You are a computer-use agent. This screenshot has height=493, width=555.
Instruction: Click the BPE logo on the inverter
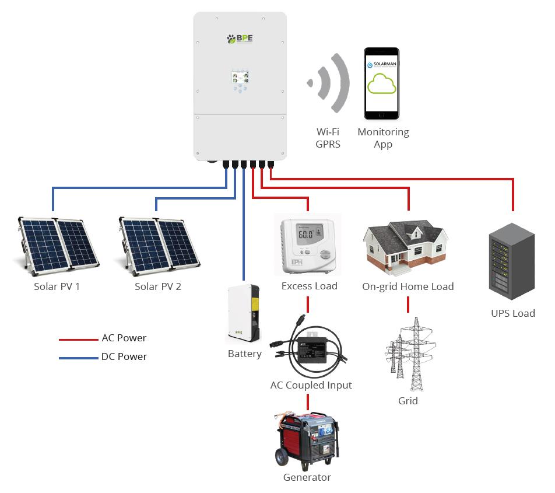click(240, 39)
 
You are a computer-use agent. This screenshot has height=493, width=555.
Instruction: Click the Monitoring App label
click(383, 138)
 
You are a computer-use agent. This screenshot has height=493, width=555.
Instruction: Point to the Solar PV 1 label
click(57, 286)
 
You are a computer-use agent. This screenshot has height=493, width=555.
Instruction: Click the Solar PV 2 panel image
click(159, 246)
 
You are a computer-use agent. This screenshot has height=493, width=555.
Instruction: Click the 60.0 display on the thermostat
click(305, 235)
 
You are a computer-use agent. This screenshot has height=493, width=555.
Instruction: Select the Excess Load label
click(309, 286)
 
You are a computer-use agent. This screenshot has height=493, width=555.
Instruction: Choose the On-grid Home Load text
click(408, 286)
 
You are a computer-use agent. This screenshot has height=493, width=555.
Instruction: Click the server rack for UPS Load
click(512, 263)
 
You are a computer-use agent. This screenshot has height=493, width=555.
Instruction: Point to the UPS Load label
click(512, 313)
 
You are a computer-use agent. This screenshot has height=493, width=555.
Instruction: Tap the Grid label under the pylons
click(408, 401)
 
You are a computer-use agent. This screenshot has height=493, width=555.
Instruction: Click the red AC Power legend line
click(78, 338)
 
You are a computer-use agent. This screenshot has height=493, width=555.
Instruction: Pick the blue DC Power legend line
click(78, 357)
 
